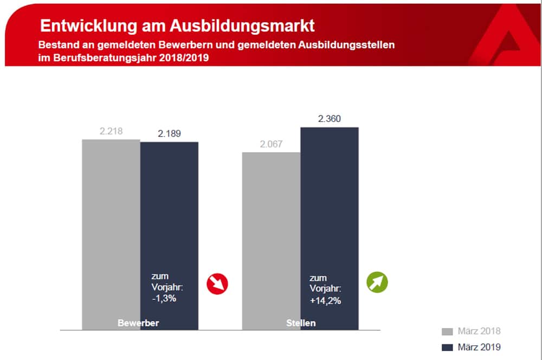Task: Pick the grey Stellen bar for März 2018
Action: [271, 239]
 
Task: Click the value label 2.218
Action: [111, 131]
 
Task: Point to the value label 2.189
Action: [170, 133]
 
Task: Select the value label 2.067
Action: [271, 144]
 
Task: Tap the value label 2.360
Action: [330, 119]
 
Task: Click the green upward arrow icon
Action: [378, 282]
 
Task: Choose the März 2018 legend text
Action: [479, 331]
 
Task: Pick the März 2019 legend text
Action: [479, 347]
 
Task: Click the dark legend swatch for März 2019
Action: [447, 347]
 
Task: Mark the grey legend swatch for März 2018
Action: [447, 331]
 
